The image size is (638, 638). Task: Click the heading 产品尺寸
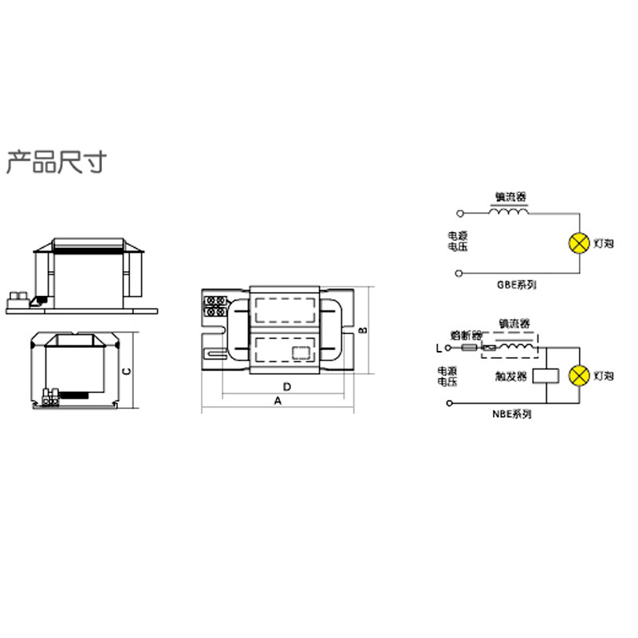tap(55, 162)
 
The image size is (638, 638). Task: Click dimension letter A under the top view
tap(278, 401)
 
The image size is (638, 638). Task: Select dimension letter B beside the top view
tap(363, 329)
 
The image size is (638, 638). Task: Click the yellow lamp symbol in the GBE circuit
tap(577, 242)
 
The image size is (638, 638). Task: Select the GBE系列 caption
tap(516, 285)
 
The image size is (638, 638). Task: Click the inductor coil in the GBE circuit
tap(508, 212)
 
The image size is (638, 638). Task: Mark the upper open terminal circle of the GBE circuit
tap(459, 214)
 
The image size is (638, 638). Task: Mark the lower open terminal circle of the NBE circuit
tap(451, 405)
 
